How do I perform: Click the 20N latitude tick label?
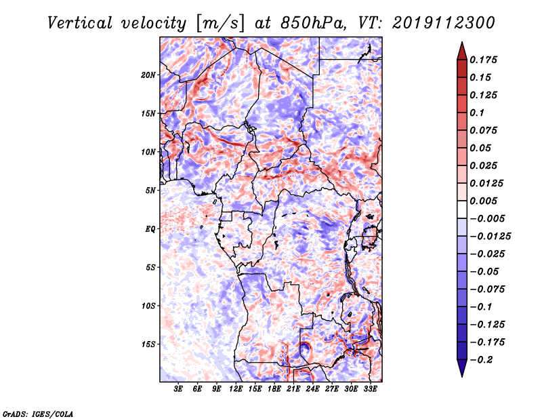[148, 75]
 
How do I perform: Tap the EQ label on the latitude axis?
[150, 229]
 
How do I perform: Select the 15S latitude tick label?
[148, 344]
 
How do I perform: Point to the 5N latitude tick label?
[150, 191]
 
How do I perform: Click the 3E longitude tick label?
[178, 389]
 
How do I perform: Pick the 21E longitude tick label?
[293, 389]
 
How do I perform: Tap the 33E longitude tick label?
[370, 389]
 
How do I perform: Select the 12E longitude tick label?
[236, 389]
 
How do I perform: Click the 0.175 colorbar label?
[483, 60]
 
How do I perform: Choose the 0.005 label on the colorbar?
[483, 201]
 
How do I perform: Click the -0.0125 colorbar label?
[490, 237]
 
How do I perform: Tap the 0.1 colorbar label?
[477, 113]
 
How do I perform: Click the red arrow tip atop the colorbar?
[462, 42]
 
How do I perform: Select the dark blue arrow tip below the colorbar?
[462, 376]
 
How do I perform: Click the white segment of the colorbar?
[462, 209]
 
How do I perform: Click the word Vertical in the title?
[80, 23]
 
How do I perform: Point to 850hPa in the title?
[313, 23]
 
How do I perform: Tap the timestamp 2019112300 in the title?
[444, 23]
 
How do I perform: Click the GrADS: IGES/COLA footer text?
[38, 414]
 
